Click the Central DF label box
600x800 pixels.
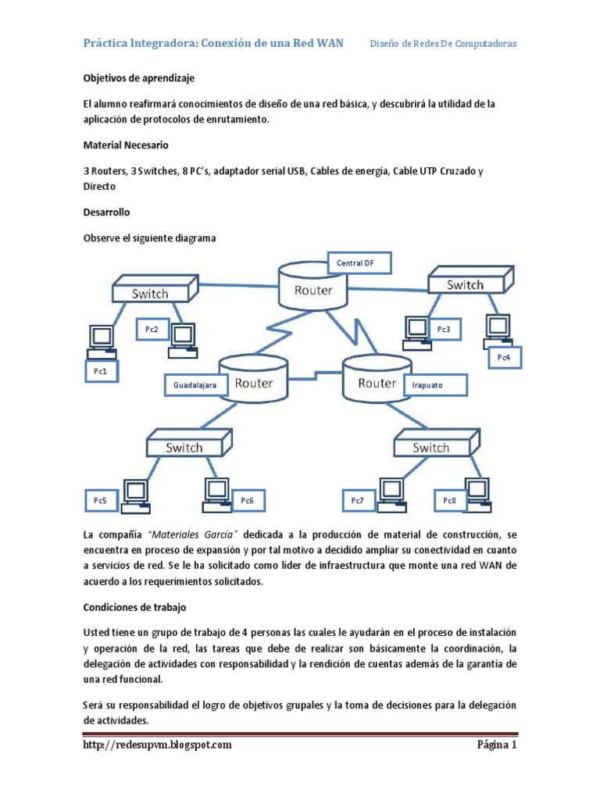(x=356, y=263)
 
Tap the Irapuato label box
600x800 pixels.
(x=434, y=385)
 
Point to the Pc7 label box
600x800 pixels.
(x=358, y=500)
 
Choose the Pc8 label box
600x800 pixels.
(x=450, y=500)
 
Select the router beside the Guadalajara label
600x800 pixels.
(x=250, y=384)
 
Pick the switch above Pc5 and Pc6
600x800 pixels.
(x=185, y=447)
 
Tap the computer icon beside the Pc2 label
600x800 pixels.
(x=183, y=336)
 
